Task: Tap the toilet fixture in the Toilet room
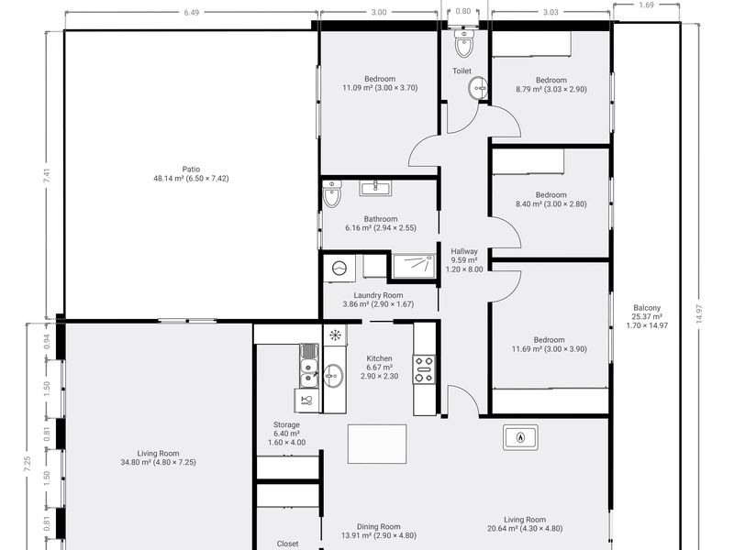click(x=464, y=43)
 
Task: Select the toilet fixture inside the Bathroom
click(x=332, y=194)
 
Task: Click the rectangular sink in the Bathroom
click(x=375, y=188)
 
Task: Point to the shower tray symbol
click(x=414, y=266)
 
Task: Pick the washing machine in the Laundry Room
click(x=339, y=269)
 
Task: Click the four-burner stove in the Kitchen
click(x=424, y=369)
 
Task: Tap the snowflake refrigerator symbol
click(x=335, y=335)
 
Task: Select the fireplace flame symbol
click(x=520, y=438)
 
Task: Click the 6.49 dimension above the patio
click(x=191, y=13)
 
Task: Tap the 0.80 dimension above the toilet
click(x=463, y=11)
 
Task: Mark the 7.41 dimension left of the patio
click(x=47, y=175)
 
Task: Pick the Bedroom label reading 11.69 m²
click(x=549, y=345)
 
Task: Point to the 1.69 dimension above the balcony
click(x=646, y=5)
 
